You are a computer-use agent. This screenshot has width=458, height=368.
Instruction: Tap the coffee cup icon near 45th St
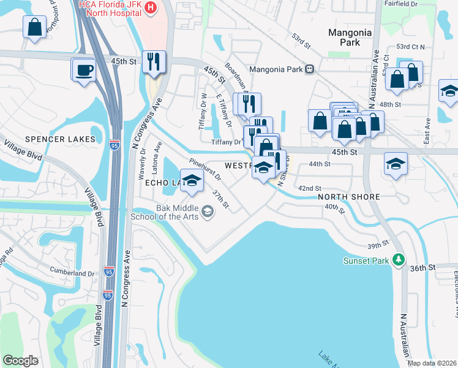tap(84, 69)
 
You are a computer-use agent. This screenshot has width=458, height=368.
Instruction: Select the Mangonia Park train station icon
tap(310, 69)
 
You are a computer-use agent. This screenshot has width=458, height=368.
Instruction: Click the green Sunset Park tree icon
tap(399, 261)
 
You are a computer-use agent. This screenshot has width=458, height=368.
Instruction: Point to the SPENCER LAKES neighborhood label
tap(61, 139)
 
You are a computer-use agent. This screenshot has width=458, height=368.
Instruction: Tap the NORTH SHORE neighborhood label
tap(350, 197)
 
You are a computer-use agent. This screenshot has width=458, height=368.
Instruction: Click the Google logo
tap(21, 361)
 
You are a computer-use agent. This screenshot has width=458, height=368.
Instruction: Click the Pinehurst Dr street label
tap(205, 169)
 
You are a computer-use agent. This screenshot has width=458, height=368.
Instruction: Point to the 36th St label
tap(422, 268)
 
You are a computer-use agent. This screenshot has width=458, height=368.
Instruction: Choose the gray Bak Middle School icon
tap(208, 212)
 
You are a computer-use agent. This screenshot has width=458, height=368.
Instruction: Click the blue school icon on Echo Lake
tap(192, 180)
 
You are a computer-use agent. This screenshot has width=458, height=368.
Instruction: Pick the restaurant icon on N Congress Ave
tap(153, 61)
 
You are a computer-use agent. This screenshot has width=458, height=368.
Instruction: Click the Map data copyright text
tap(432, 363)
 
